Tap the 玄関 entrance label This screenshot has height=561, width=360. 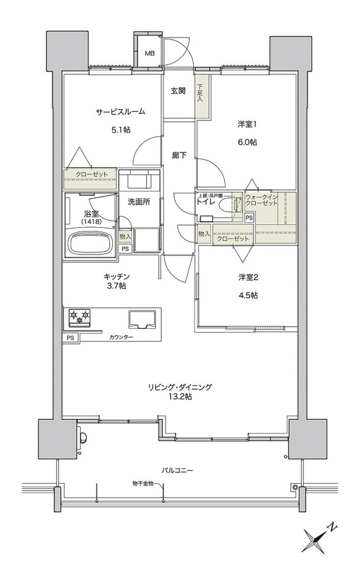(x=179, y=91)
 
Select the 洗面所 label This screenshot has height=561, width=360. (x=139, y=201)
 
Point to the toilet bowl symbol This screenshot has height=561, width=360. (x=227, y=205)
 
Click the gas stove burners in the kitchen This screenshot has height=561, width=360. (x=79, y=317)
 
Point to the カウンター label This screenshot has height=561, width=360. (x=121, y=337)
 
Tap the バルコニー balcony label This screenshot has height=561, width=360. (x=179, y=470)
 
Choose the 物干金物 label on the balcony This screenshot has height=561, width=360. (x=142, y=484)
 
